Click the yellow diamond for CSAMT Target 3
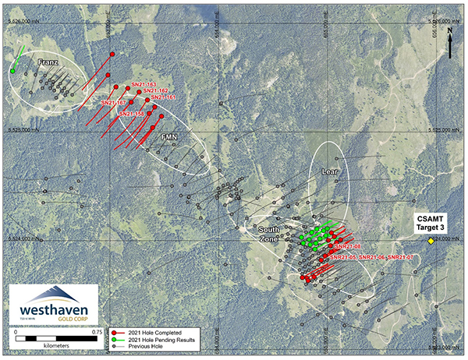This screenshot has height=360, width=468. coord(431,242)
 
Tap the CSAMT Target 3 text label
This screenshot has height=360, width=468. coord(431,221)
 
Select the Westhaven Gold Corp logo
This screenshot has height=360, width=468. coord(54,305)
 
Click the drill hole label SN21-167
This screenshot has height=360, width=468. coord(115,102)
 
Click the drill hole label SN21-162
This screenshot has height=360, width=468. coord(157,90)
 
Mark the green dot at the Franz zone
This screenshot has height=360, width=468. coord(12,71)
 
